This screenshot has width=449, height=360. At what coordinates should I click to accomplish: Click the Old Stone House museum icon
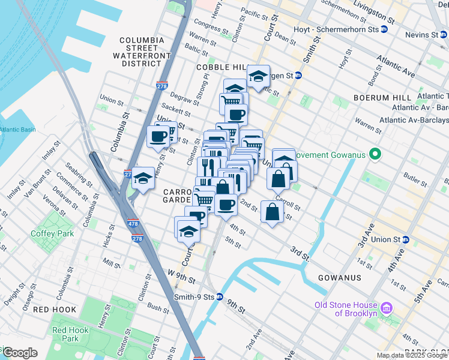[x=387, y=308]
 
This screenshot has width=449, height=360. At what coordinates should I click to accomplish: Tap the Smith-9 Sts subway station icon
[x=220, y=296]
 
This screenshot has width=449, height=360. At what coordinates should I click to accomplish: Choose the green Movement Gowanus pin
[x=376, y=155]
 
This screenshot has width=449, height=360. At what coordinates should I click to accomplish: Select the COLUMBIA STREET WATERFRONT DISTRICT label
[x=142, y=52]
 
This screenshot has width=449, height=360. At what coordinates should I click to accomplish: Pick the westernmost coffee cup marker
[x=158, y=136]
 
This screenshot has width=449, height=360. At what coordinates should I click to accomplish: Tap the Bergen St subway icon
[x=298, y=76]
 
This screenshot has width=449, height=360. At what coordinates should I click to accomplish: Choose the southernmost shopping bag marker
[x=273, y=212]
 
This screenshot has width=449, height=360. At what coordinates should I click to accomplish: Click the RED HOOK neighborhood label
[x=55, y=310]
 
